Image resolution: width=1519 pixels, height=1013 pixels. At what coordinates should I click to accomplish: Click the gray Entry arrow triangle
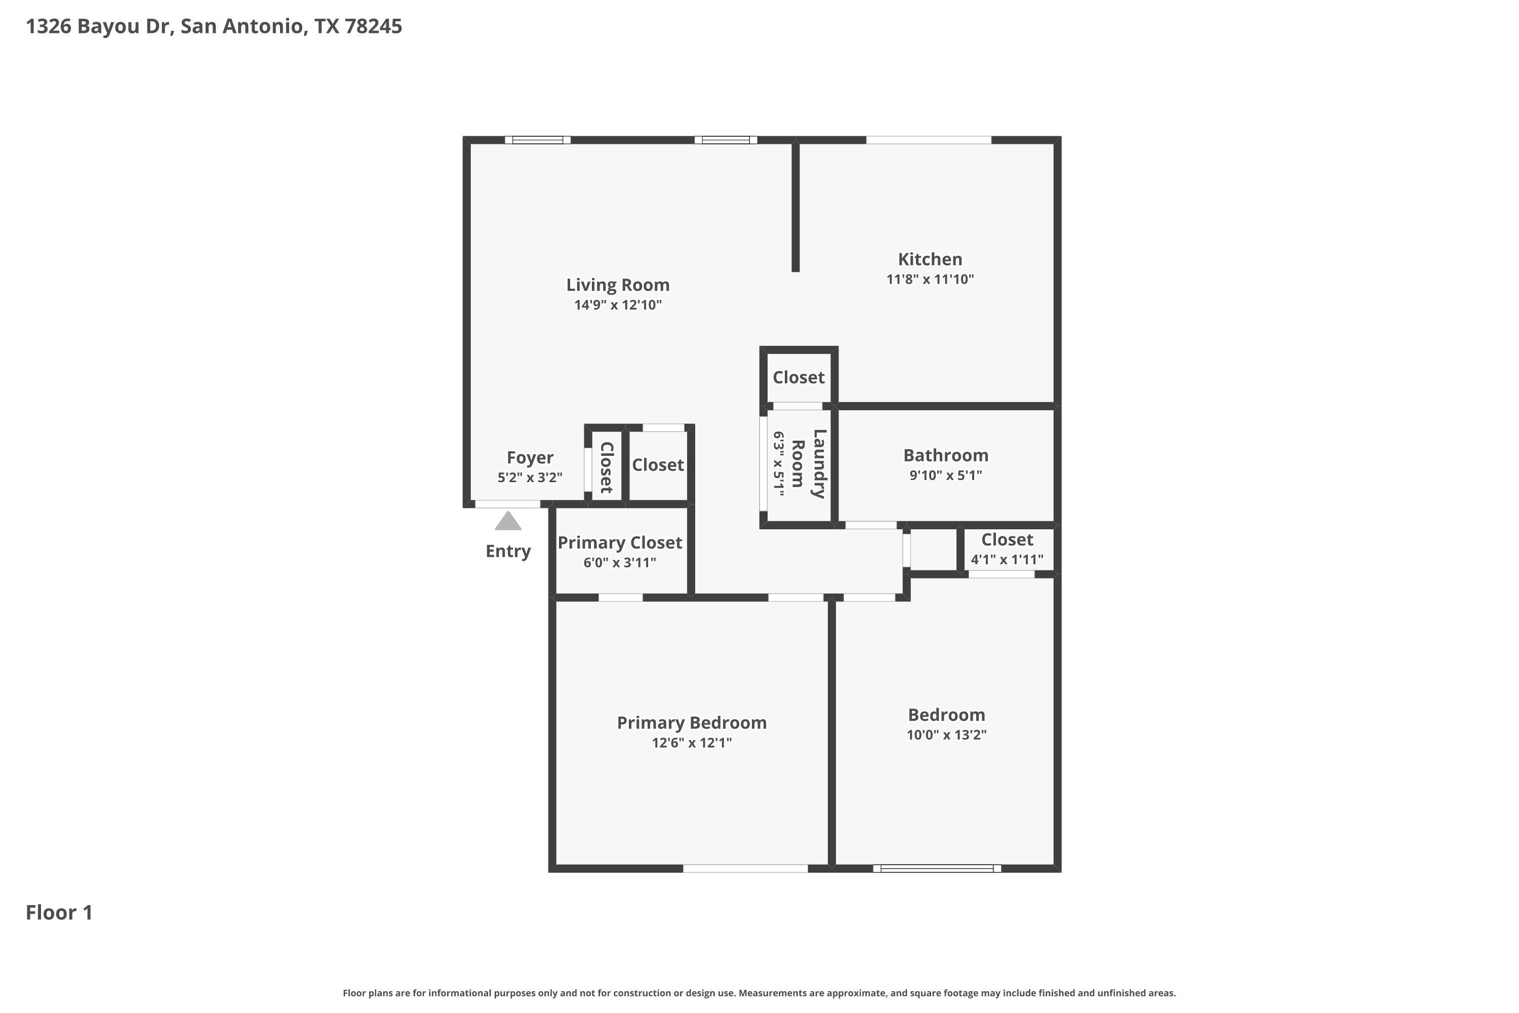pyautogui.click(x=508, y=521)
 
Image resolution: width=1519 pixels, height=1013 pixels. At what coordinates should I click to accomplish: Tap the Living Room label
pyautogui.click(x=618, y=285)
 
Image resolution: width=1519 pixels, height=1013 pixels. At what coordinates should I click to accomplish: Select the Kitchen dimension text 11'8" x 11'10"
pyautogui.click(x=930, y=279)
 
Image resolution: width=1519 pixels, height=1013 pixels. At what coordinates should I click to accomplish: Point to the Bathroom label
pyautogui.click(x=945, y=455)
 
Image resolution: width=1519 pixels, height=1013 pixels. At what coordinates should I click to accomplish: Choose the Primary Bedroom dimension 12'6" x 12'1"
pyautogui.click(x=692, y=743)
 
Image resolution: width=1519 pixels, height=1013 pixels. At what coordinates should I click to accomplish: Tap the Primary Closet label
pyautogui.click(x=620, y=542)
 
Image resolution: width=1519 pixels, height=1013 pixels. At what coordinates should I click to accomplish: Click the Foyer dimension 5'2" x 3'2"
pyautogui.click(x=530, y=478)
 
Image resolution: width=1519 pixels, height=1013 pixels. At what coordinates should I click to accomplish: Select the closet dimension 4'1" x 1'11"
pyautogui.click(x=1007, y=560)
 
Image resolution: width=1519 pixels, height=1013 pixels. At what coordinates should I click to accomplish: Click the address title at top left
pyautogui.click(x=214, y=26)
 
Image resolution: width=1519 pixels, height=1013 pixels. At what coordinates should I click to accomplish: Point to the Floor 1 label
pyautogui.click(x=59, y=913)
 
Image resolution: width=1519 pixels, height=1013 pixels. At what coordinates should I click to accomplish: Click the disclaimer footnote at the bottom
pyautogui.click(x=759, y=993)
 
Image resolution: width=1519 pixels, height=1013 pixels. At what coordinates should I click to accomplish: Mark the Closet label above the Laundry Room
pyautogui.click(x=799, y=377)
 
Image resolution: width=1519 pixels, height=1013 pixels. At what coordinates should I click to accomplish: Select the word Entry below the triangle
pyautogui.click(x=508, y=551)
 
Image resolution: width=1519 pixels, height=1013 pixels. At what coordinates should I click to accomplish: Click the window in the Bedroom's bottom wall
pyautogui.click(x=937, y=868)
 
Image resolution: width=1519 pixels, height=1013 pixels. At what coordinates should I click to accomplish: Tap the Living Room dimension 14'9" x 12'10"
pyautogui.click(x=618, y=305)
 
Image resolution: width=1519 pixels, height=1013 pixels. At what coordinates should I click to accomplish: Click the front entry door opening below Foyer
pyautogui.click(x=508, y=504)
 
